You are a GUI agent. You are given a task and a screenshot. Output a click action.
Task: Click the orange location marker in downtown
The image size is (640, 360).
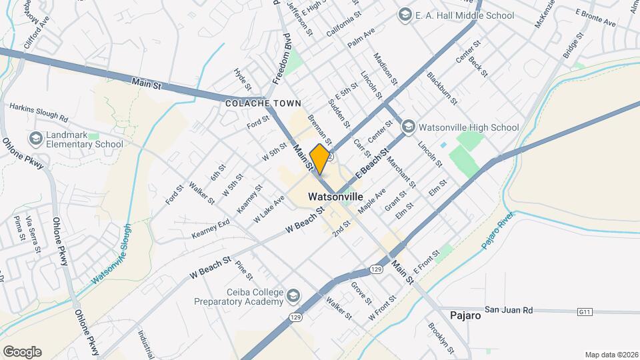(x=320, y=159)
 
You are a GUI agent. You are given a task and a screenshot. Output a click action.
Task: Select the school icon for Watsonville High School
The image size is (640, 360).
(x=409, y=127)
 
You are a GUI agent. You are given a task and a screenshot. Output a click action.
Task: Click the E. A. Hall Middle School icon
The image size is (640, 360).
(x=405, y=15)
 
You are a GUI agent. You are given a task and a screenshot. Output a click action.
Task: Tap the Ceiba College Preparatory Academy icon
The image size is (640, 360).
(x=293, y=295)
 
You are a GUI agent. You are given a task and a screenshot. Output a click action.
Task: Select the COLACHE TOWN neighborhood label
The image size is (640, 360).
(x=263, y=103)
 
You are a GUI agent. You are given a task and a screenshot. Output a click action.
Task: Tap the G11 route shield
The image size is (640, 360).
(x=585, y=311)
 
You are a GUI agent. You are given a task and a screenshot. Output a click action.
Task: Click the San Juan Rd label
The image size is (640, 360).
(x=509, y=310)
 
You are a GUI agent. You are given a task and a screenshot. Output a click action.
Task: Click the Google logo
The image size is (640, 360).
(x=22, y=351)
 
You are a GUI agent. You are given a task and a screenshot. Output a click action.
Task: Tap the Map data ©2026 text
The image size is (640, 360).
(x=610, y=354)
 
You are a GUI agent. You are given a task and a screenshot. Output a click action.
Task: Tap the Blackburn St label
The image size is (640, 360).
(x=442, y=89)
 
